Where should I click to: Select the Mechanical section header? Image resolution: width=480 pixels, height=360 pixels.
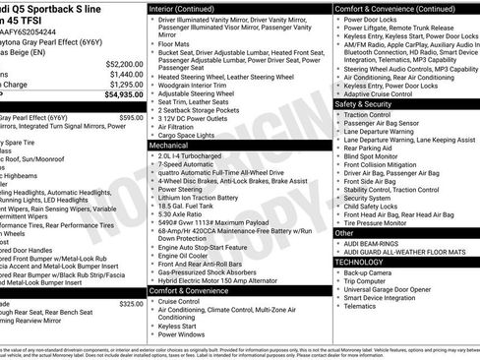pyautogui.click(x=168, y=144)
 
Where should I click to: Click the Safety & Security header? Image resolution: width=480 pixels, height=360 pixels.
pyautogui.click(x=363, y=103)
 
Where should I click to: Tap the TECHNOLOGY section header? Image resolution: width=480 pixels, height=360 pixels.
pyautogui.click(x=359, y=262)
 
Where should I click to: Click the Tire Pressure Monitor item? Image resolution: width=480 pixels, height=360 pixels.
pyautogui.click(x=385, y=222)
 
